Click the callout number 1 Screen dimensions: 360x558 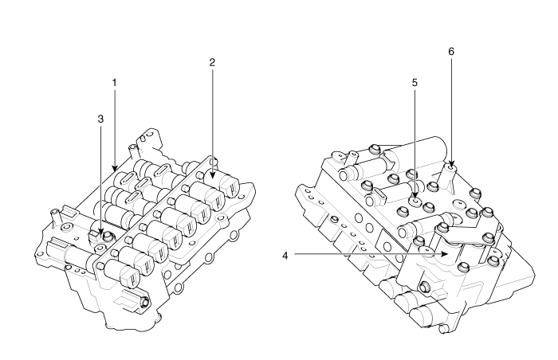pyautogui.click(x=115, y=82)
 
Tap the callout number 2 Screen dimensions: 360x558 pyautogui.click(x=213, y=61)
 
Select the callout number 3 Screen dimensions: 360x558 pyautogui.click(x=100, y=118)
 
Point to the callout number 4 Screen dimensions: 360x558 pyautogui.click(x=286, y=256)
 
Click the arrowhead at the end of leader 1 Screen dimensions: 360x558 pyautogui.click(x=115, y=170)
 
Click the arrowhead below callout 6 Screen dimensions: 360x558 pyautogui.click(x=451, y=165)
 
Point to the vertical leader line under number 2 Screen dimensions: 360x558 pyautogui.click(x=213, y=119)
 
